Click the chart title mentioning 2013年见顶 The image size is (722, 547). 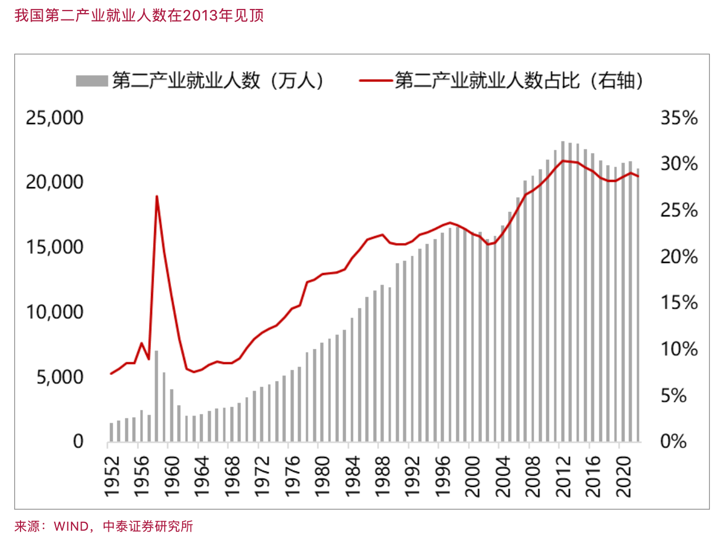139,15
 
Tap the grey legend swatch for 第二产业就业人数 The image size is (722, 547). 92,81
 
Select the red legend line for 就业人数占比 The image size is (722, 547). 376,81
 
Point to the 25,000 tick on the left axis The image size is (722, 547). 55,117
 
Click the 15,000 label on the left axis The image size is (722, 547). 55,247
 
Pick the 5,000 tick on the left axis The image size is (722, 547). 59,377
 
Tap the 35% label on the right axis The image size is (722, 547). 679,117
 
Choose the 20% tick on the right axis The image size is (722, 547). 679,257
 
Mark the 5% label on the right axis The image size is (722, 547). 674,396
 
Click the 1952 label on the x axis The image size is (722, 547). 112,477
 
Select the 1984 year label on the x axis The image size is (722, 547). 352,477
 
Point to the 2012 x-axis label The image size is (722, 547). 563,477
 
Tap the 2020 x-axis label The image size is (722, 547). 624,477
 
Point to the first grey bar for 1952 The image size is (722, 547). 111,432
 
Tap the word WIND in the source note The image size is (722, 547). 71,526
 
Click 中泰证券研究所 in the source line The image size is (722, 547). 148,526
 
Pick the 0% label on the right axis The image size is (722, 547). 674,441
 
